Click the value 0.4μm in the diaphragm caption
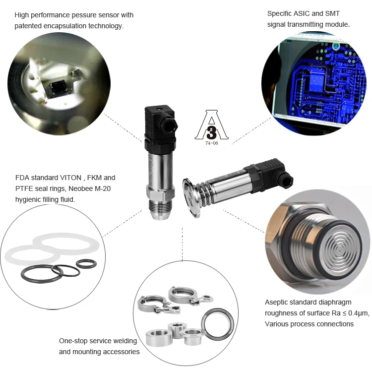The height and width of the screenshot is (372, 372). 353,313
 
